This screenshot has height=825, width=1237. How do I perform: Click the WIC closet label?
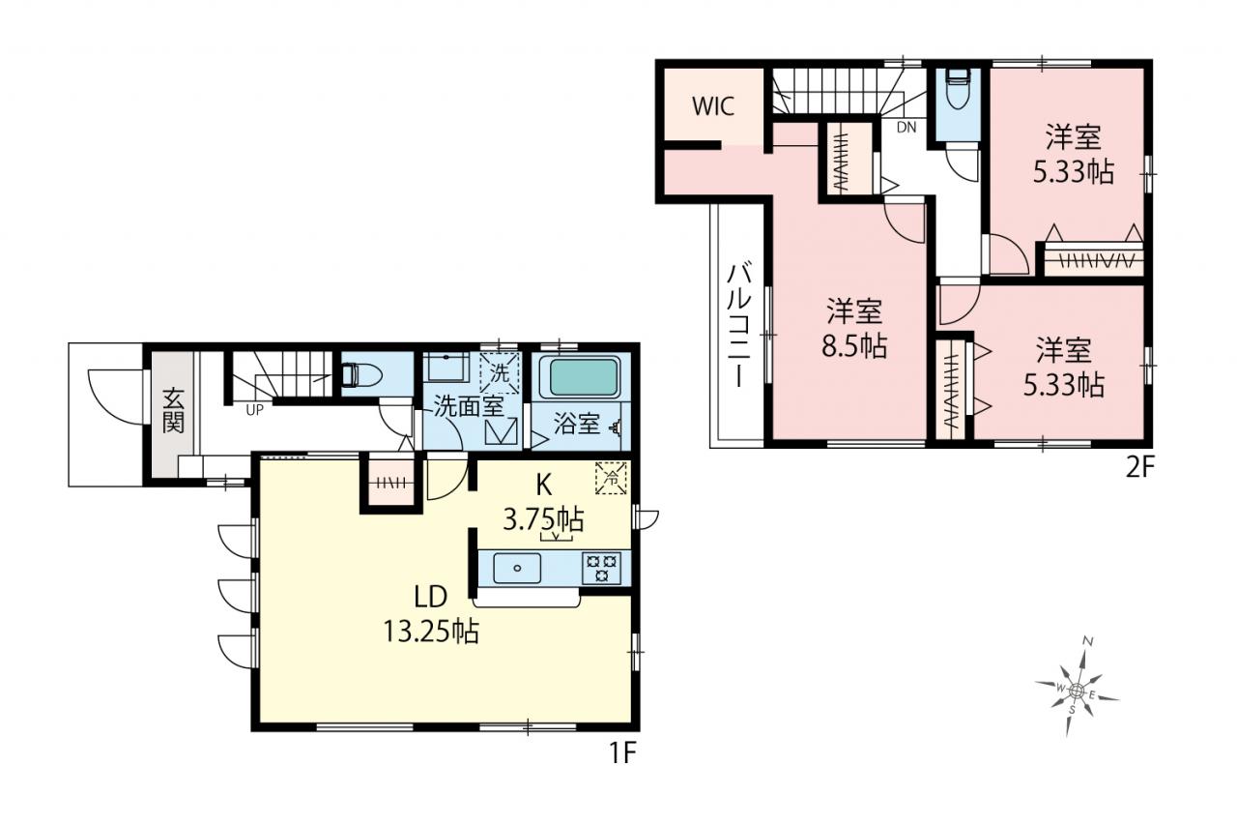[x=713, y=106]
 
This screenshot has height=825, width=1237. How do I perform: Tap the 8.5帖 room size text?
[x=853, y=346]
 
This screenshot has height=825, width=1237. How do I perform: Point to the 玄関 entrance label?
[x=173, y=411]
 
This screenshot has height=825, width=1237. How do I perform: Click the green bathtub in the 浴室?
[x=583, y=376]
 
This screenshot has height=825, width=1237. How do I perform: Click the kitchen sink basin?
[x=517, y=568]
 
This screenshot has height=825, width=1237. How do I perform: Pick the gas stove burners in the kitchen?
[x=601, y=568]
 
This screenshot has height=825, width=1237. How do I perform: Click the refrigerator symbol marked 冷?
[x=611, y=478]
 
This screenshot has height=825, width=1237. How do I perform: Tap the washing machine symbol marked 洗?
[x=500, y=373]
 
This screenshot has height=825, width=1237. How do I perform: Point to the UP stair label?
[x=254, y=410]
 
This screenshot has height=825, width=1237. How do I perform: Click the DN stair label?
[x=906, y=128]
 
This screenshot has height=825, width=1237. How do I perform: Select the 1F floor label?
[x=623, y=753]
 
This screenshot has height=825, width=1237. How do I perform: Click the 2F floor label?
[x=1139, y=468]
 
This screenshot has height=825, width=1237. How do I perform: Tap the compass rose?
[x=1077, y=691]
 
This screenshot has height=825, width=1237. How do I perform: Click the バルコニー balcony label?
[x=739, y=327]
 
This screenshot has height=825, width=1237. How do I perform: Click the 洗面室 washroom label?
[x=469, y=407]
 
